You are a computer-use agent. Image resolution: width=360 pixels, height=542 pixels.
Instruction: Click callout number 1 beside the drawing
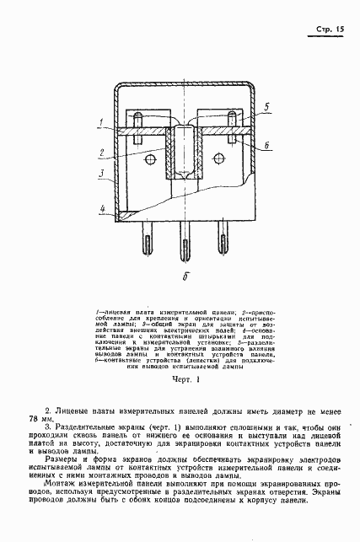(100, 123)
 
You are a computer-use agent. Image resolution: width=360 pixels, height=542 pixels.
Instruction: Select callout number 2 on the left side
(100, 153)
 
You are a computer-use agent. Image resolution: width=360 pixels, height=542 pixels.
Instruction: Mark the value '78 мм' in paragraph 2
(40, 419)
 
